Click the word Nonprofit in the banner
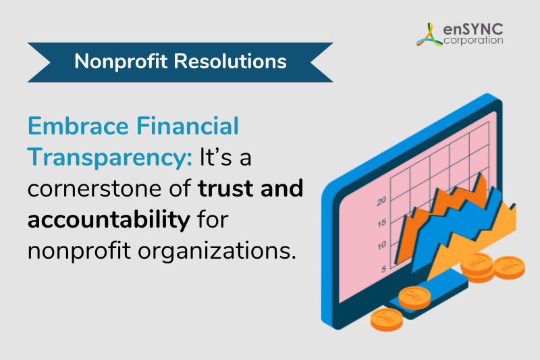pos(121,61)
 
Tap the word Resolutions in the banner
pos(230,61)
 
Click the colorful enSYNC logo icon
pos(429,34)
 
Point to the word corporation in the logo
pos(473,41)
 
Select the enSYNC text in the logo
pos(473,29)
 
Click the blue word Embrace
pos(78,126)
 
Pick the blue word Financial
pos(188,126)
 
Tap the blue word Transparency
pos(110,157)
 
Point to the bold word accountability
pos(109,220)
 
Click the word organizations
pos(217,251)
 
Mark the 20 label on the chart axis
pos(381,201)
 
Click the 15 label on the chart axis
pos(381,224)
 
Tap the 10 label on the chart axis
pos(381,246)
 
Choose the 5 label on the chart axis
pos(383,269)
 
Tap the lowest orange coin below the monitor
pos(386,320)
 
